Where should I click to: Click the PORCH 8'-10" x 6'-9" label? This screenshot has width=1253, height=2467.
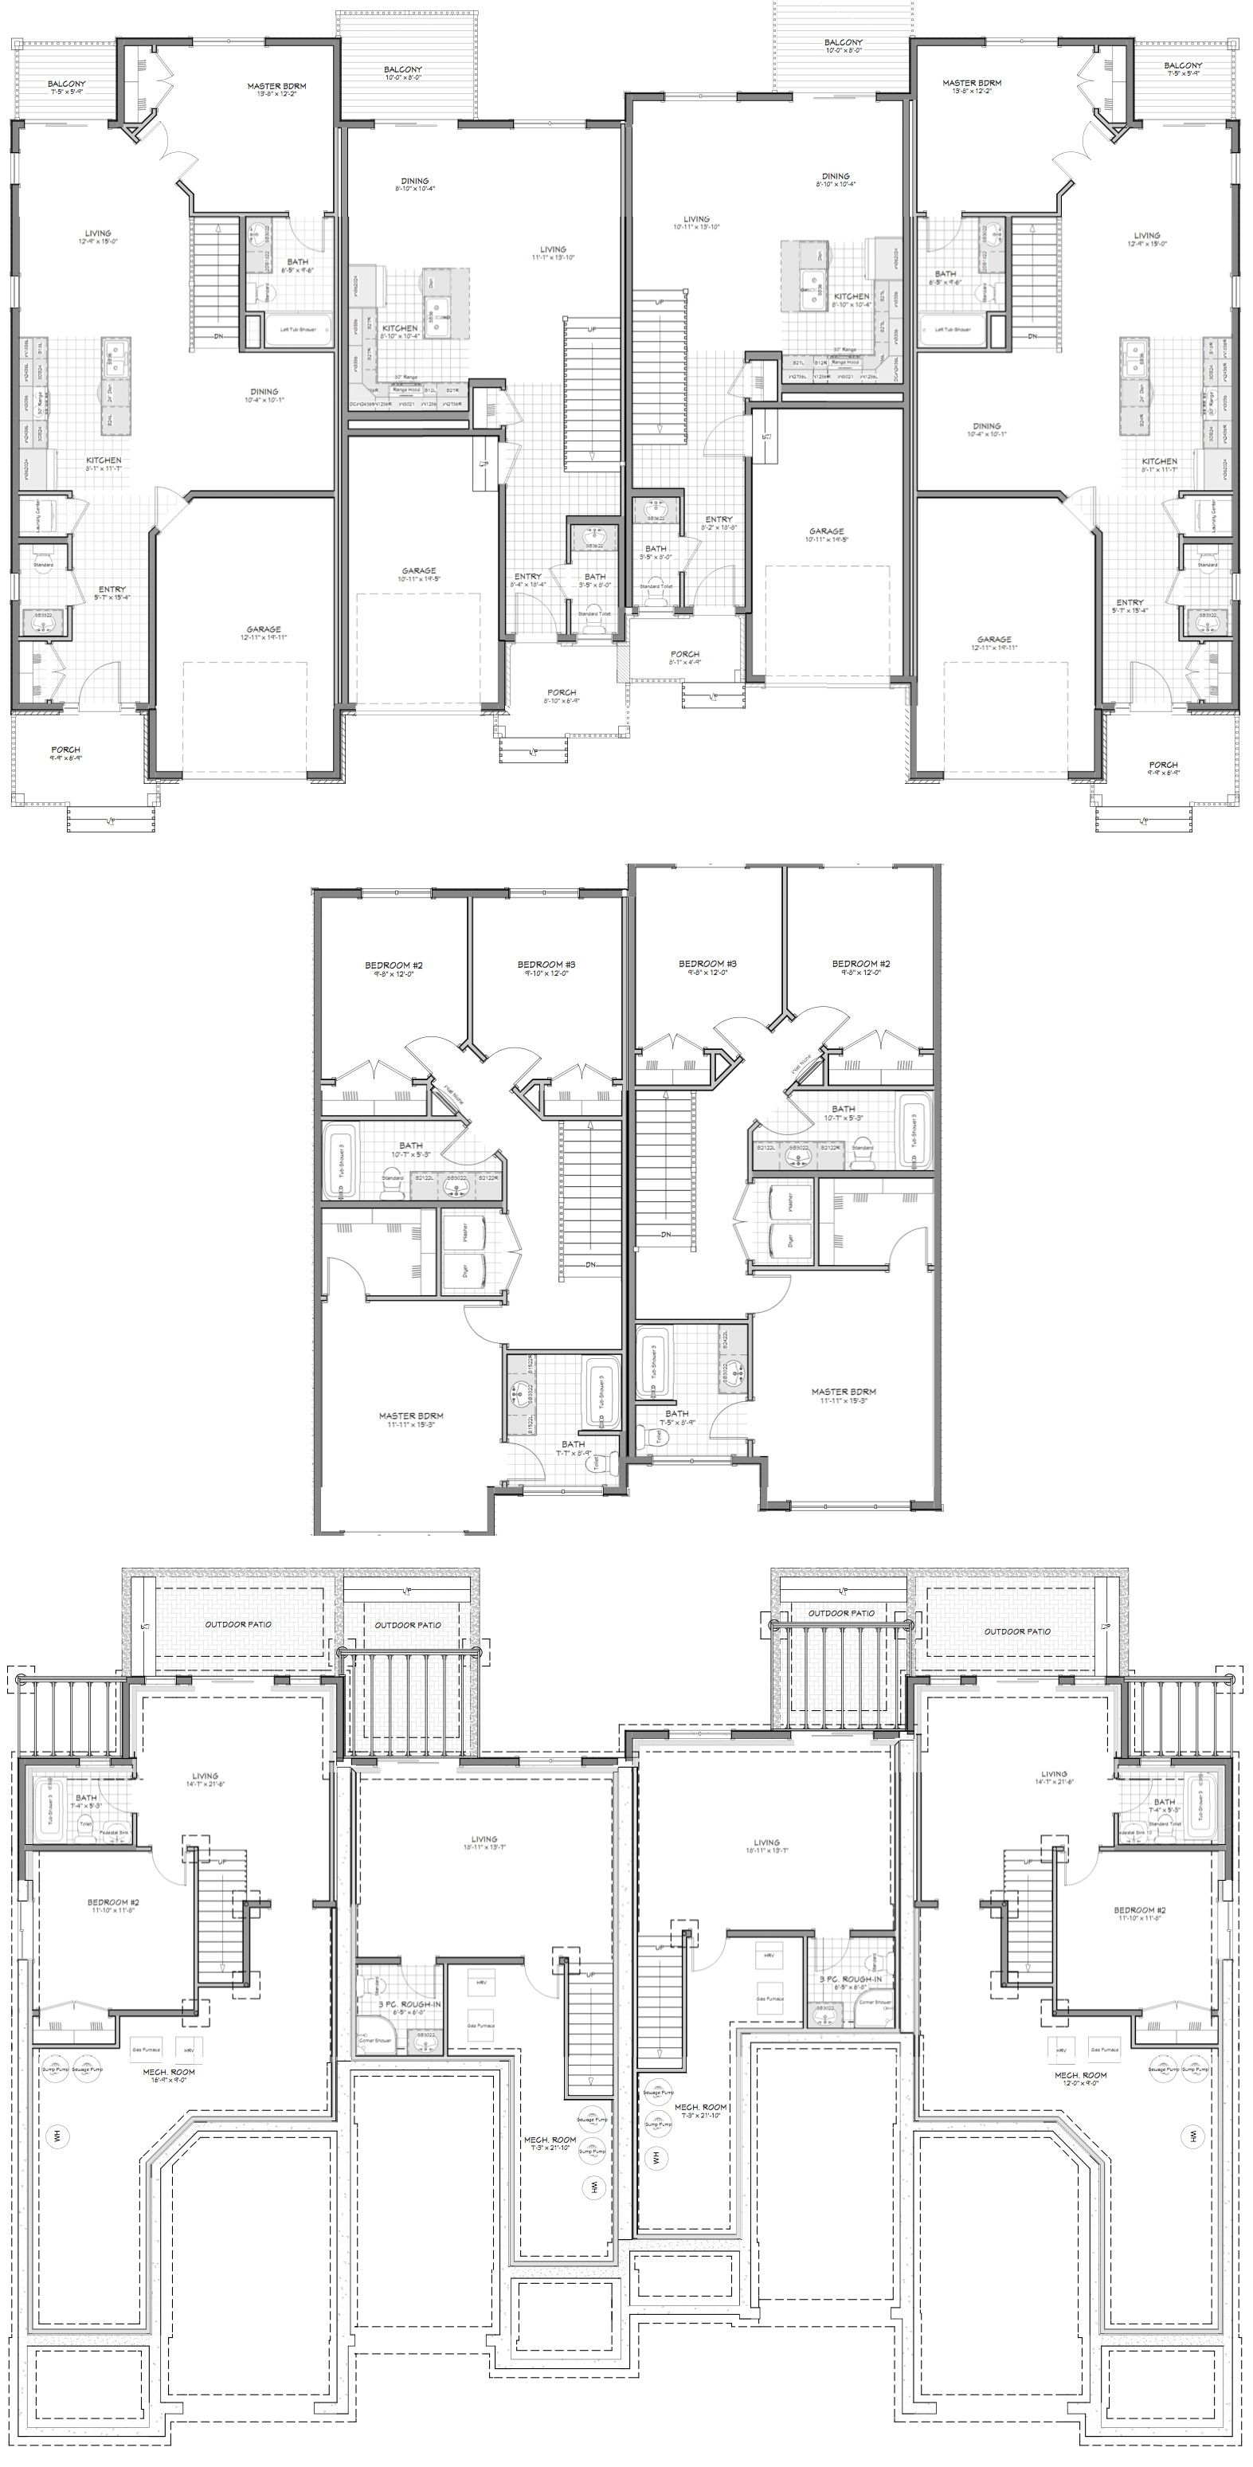562,695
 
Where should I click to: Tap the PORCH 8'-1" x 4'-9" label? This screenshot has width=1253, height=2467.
685,658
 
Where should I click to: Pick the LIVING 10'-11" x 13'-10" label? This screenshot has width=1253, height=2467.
696,222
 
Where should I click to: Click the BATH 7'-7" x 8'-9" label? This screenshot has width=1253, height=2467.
573,1447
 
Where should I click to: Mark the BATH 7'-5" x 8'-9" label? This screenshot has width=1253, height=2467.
676,1416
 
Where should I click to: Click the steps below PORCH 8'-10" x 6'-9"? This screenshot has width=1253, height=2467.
533,747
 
